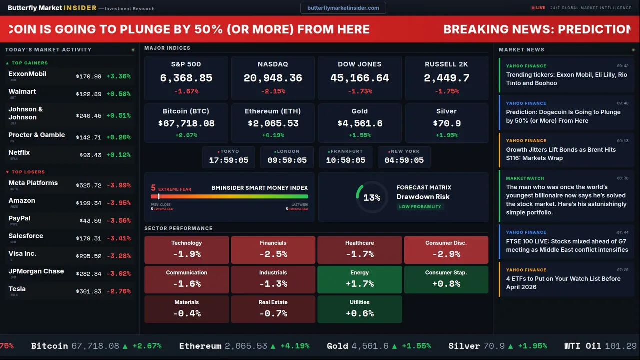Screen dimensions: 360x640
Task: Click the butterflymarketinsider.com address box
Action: point(343,8)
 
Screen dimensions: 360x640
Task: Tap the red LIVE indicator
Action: point(538,8)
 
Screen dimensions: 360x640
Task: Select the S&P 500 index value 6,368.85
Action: point(186,78)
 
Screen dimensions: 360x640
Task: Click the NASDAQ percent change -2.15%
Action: point(273,91)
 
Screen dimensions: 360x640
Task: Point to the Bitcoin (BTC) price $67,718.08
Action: point(186,123)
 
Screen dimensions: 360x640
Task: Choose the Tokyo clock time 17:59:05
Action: point(228,160)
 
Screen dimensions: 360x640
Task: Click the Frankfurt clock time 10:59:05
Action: point(345,160)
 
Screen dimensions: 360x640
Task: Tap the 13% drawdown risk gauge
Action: point(372,198)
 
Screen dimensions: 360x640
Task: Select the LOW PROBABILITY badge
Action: point(420,207)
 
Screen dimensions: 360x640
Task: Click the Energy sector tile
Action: point(359,279)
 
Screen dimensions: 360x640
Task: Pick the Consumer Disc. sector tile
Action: point(446,250)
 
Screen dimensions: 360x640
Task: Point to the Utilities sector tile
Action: point(359,309)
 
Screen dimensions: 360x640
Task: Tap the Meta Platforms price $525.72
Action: point(89,185)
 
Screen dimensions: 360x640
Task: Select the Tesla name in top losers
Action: point(17,289)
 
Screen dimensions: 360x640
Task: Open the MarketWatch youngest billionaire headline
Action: point(566,200)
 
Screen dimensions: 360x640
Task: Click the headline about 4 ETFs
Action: point(563,283)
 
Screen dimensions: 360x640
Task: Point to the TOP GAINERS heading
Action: point(30,63)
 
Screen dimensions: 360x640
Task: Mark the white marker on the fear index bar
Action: point(159,197)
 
